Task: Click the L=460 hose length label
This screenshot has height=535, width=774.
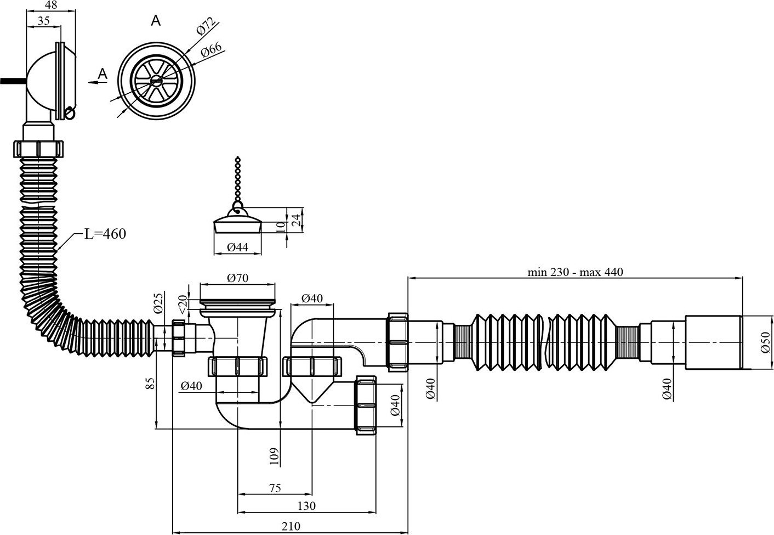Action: pyautogui.click(x=105, y=234)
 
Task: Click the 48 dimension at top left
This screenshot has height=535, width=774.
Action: pyautogui.click(x=51, y=5)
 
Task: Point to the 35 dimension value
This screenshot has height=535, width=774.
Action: pyautogui.click(x=44, y=21)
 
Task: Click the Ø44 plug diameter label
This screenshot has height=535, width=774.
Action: pyautogui.click(x=238, y=247)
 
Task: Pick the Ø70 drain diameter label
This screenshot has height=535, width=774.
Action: pyautogui.click(x=238, y=278)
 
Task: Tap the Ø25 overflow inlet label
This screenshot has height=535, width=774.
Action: pyautogui.click(x=158, y=303)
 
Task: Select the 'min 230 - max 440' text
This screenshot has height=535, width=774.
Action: pyautogui.click(x=576, y=272)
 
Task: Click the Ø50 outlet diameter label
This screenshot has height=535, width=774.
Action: pyautogui.click(x=766, y=342)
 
